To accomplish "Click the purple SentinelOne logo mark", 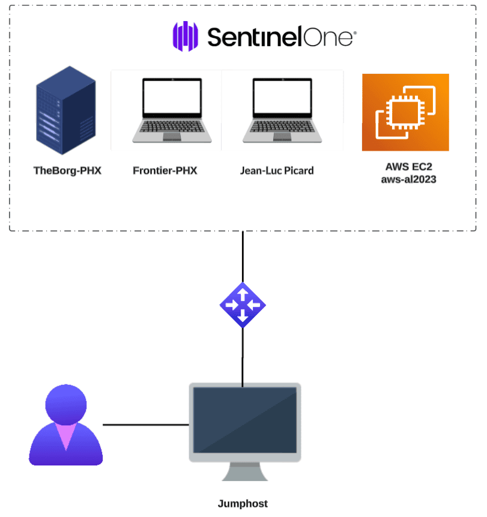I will tap(186, 37).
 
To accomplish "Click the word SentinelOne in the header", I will tap(281, 37).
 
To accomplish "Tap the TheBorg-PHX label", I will tap(67, 171).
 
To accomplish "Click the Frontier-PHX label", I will tap(165, 171).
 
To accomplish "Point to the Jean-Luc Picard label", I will tap(277, 171).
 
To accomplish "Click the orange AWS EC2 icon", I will tap(405, 112).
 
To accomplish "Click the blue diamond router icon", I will tap(243, 305).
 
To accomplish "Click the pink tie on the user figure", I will tap(65, 435).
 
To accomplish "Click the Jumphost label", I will tap(243, 504).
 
